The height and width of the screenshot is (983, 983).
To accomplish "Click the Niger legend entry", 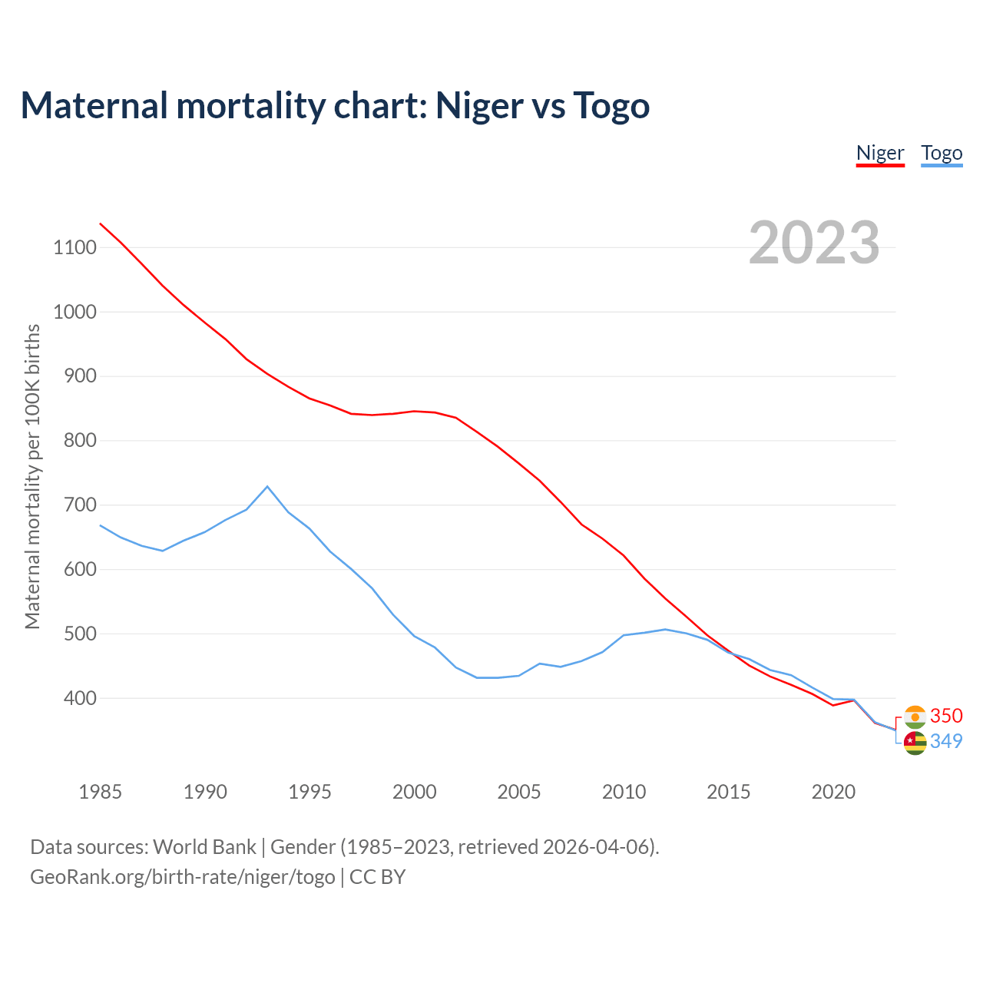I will coord(880,153).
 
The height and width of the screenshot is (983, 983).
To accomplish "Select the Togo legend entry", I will coord(942,153).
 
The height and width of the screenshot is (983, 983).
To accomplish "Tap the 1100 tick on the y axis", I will coord(74,247).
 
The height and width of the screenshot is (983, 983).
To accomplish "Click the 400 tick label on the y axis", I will coord(80,699).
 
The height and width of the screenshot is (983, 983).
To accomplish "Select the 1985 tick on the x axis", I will coord(101,792).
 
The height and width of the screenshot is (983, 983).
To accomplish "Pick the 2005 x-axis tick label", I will coord(519,792).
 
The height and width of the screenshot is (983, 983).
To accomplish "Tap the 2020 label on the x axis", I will coord(833,792).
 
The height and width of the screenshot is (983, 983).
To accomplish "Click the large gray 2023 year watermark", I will coord(814,243).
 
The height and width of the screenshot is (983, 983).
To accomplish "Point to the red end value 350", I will coord(946,716).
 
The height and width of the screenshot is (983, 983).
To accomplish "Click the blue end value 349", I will coord(946,741).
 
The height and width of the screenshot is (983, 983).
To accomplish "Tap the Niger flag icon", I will coord(915,717).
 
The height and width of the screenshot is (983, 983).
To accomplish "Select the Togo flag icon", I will coord(915,743).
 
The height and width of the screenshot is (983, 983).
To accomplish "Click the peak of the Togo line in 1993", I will coord(267,486).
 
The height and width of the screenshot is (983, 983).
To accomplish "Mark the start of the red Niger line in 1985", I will coord(101,223).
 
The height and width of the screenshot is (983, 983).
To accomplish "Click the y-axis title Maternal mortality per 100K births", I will coord(32,476).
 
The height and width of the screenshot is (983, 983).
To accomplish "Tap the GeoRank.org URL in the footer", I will coord(183,877).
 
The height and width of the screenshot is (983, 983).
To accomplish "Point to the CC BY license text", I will coord(377,877).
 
